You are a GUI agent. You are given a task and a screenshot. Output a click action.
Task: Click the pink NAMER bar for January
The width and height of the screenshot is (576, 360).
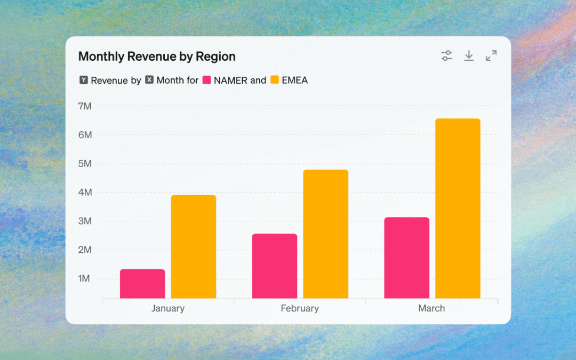click(x=142, y=284)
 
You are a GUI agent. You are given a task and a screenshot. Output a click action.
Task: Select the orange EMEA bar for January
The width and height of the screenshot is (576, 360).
click(x=194, y=246)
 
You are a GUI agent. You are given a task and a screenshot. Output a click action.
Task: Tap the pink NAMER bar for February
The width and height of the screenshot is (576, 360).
click(x=275, y=266)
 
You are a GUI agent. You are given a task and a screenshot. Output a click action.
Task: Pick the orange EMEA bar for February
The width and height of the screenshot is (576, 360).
click(x=325, y=234)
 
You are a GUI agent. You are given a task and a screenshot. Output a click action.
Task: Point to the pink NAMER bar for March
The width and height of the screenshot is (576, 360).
click(x=406, y=258)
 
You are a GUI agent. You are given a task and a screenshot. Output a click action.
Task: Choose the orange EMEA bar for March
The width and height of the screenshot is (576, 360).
click(x=458, y=209)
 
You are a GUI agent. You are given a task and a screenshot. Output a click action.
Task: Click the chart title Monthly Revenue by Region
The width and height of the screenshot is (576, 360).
click(x=157, y=57)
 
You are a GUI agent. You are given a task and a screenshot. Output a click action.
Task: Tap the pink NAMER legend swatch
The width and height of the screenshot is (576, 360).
click(x=207, y=79)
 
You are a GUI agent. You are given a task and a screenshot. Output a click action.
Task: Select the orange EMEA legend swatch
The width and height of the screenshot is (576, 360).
click(x=275, y=79)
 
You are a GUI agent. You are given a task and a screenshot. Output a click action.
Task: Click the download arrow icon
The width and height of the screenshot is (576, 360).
click(x=469, y=56)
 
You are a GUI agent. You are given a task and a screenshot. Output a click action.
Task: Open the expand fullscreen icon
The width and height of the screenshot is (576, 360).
click(x=491, y=56)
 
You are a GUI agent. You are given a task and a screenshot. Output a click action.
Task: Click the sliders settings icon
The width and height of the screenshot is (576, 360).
click(x=447, y=56)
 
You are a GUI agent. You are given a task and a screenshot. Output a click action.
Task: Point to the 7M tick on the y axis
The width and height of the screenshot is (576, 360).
click(x=85, y=106)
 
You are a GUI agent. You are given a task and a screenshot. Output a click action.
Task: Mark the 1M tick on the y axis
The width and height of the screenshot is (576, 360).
click(x=84, y=278)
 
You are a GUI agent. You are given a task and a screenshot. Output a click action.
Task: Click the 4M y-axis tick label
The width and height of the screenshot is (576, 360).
click(x=85, y=192)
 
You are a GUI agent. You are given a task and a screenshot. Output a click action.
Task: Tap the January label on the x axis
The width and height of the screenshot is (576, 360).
click(x=168, y=308)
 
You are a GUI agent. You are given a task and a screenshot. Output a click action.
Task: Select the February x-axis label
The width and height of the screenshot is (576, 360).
click(x=300, y=308)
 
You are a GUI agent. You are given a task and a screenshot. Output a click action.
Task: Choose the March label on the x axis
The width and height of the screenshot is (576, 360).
click(x=431, y=308)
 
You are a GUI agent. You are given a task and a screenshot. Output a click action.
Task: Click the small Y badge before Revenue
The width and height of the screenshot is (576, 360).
click(x=84, y=79)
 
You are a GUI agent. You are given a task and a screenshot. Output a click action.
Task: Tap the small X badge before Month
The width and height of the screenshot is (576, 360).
click(x=149, y=79)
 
